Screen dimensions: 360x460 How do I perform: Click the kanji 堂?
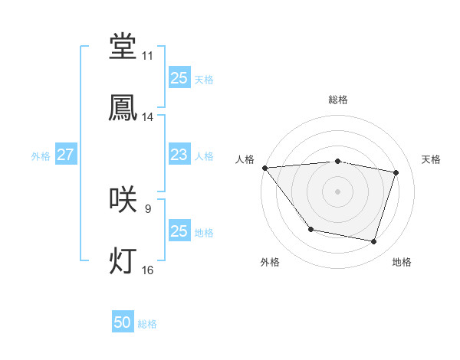point(123,47)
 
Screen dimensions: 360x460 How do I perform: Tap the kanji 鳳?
point(123,108)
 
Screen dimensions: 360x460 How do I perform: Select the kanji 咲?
point(123,200)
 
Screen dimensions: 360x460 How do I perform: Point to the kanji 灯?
point(123,261)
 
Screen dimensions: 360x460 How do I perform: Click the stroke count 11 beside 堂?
point(147,56)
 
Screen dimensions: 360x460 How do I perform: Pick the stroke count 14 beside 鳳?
point(147,117)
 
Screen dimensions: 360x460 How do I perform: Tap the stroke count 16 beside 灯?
point(147,270)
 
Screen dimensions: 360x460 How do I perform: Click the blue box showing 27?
point(65,155)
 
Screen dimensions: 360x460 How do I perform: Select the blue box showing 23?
point(179,155)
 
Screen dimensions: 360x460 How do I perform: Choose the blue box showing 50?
point(123,323)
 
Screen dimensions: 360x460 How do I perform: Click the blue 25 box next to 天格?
point(179,78)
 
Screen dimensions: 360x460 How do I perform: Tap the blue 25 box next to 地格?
point(179,231)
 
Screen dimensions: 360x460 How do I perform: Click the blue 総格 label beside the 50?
point(147,324)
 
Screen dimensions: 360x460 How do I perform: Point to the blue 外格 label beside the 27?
point(41,155)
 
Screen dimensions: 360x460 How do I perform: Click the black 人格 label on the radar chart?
point(245,159)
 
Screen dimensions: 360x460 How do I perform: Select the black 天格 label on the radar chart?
point(432,159)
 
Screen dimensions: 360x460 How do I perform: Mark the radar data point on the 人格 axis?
point(264,168)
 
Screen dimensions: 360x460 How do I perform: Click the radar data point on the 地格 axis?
point(374,242)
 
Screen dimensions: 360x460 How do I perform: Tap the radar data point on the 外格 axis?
point(310,229)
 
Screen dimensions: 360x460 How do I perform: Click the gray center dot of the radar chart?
point(337,191)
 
